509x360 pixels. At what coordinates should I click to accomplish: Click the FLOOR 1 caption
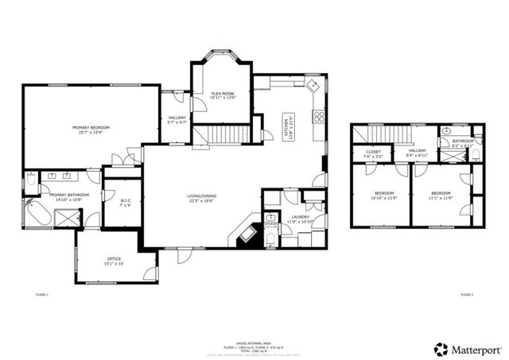click(42, 295)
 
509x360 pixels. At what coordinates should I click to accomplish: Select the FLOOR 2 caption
click(466, 295)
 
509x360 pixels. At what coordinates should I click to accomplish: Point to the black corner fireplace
click(245, 234)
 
